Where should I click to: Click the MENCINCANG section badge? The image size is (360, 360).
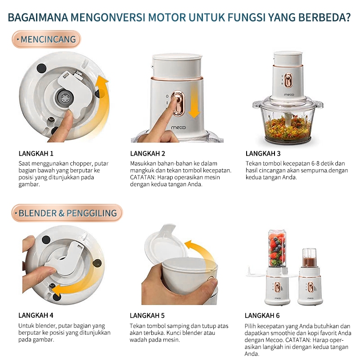click(x=46, y=40)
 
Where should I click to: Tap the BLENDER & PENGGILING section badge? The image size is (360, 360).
click(x=67, y=213)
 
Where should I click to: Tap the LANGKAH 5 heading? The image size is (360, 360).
click(x=148, y=315)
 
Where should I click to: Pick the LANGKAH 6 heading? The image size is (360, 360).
click(x=262, y=315)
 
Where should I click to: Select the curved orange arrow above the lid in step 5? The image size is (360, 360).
click(x=202, y=256)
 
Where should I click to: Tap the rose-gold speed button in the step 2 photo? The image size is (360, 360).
click(x=179, y=104)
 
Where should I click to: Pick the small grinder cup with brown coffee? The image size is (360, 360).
click(x=309, y=258)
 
